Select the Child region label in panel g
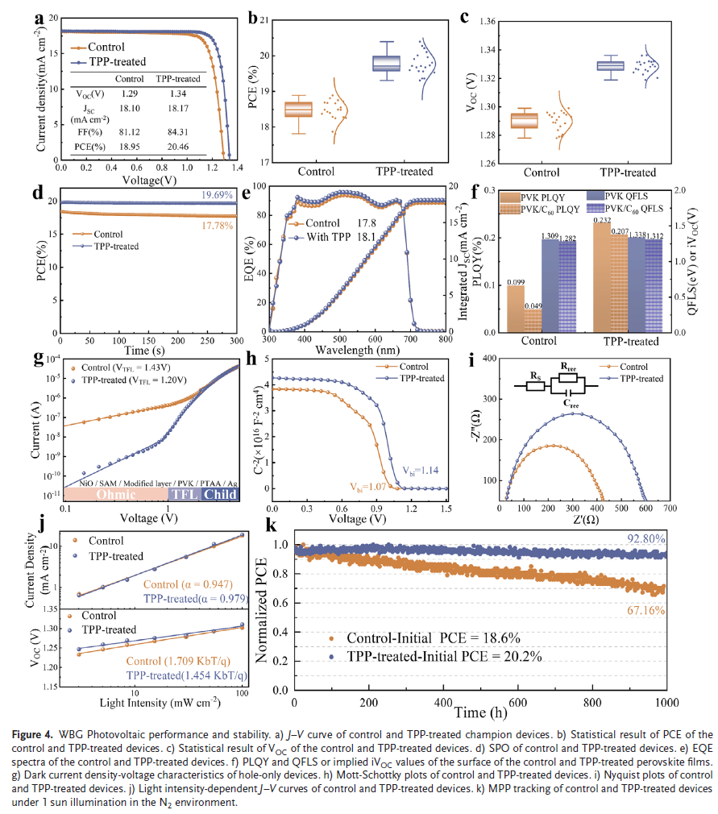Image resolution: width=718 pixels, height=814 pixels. click(x=219, y=494)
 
